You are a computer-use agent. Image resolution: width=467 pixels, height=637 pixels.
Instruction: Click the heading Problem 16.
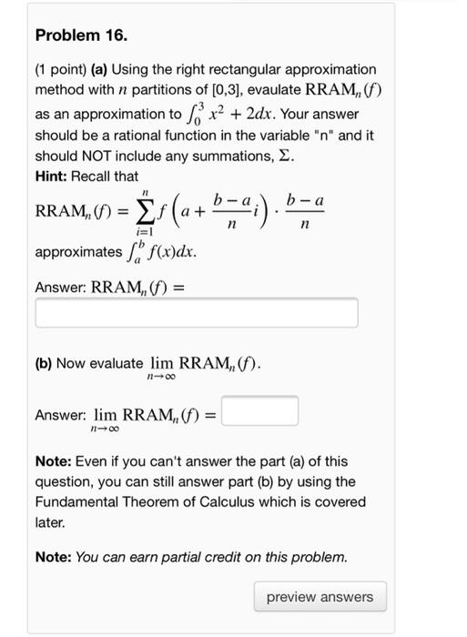pyautogui.click(x=81, y=36)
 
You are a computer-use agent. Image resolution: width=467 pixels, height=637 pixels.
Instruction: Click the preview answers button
pyautogui.click(x=320, y=597)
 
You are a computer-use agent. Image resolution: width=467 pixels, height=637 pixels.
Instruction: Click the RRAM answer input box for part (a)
pyautogui.click(x=197, y=313)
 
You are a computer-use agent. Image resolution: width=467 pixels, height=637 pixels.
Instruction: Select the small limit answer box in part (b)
pyautogui.click(x=259, y=411)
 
